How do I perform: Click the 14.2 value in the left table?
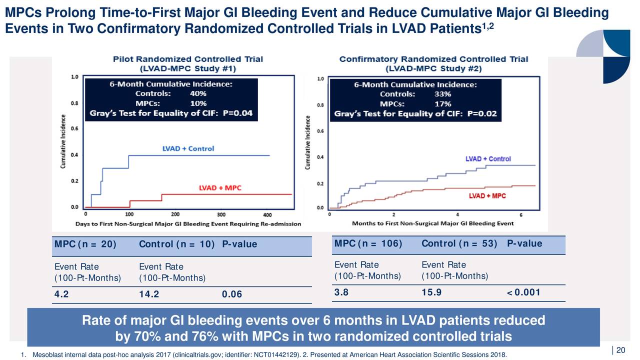tap(149, 294)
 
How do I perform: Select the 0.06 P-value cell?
tap(231, 294)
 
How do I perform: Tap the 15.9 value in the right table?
tap(431, 293)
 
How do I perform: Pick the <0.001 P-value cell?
tap(523, 293)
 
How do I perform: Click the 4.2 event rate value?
tap(62, 294)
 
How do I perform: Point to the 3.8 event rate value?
tap(341, 293)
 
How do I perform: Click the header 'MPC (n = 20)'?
tap(85, 244)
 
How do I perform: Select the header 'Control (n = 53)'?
tap(459, 243)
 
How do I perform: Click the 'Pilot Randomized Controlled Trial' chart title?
tap(187, 59)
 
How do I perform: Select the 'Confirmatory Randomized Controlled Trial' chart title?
tap(433, 59)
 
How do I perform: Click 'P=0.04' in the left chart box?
tap(238, 113)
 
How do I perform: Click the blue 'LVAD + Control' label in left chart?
tap(188, 148)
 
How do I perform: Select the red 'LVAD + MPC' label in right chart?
tap(487, 195)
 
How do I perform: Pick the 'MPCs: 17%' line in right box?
tap(415, 104)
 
